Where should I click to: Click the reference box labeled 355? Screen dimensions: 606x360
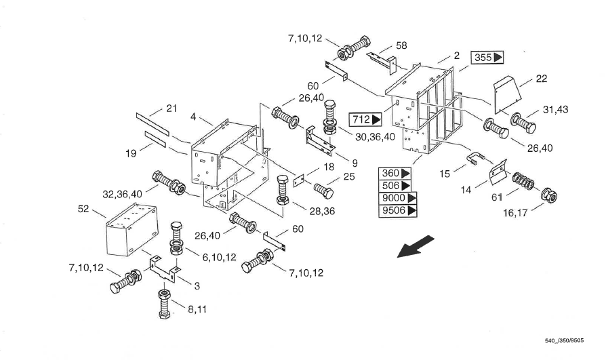(487, 57)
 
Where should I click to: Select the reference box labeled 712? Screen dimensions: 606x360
(365, 119)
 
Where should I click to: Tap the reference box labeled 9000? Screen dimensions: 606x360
(398, 198)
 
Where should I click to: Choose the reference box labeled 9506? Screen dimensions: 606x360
(398, 210)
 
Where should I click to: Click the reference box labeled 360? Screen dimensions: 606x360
(395, 174)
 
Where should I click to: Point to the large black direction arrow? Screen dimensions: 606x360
(416, 246)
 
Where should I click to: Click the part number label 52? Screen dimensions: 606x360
(83, 209)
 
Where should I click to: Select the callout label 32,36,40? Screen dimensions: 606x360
(122, 194)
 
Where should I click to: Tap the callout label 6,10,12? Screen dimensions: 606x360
(219, 257)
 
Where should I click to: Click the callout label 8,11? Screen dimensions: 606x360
(197, 309)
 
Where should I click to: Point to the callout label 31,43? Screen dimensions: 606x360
(555, 110)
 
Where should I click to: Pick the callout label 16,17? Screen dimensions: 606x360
(515, 213)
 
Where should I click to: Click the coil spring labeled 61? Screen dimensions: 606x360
(523, 180)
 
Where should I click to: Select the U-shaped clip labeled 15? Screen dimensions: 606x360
(475, 158)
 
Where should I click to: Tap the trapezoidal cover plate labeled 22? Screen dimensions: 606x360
(508, 94)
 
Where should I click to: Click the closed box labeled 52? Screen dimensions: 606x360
(132, 230)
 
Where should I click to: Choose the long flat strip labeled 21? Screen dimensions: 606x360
(153, 124)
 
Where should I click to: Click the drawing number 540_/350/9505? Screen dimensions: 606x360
(564, 340)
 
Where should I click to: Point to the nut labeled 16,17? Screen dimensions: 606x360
(549, 196)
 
